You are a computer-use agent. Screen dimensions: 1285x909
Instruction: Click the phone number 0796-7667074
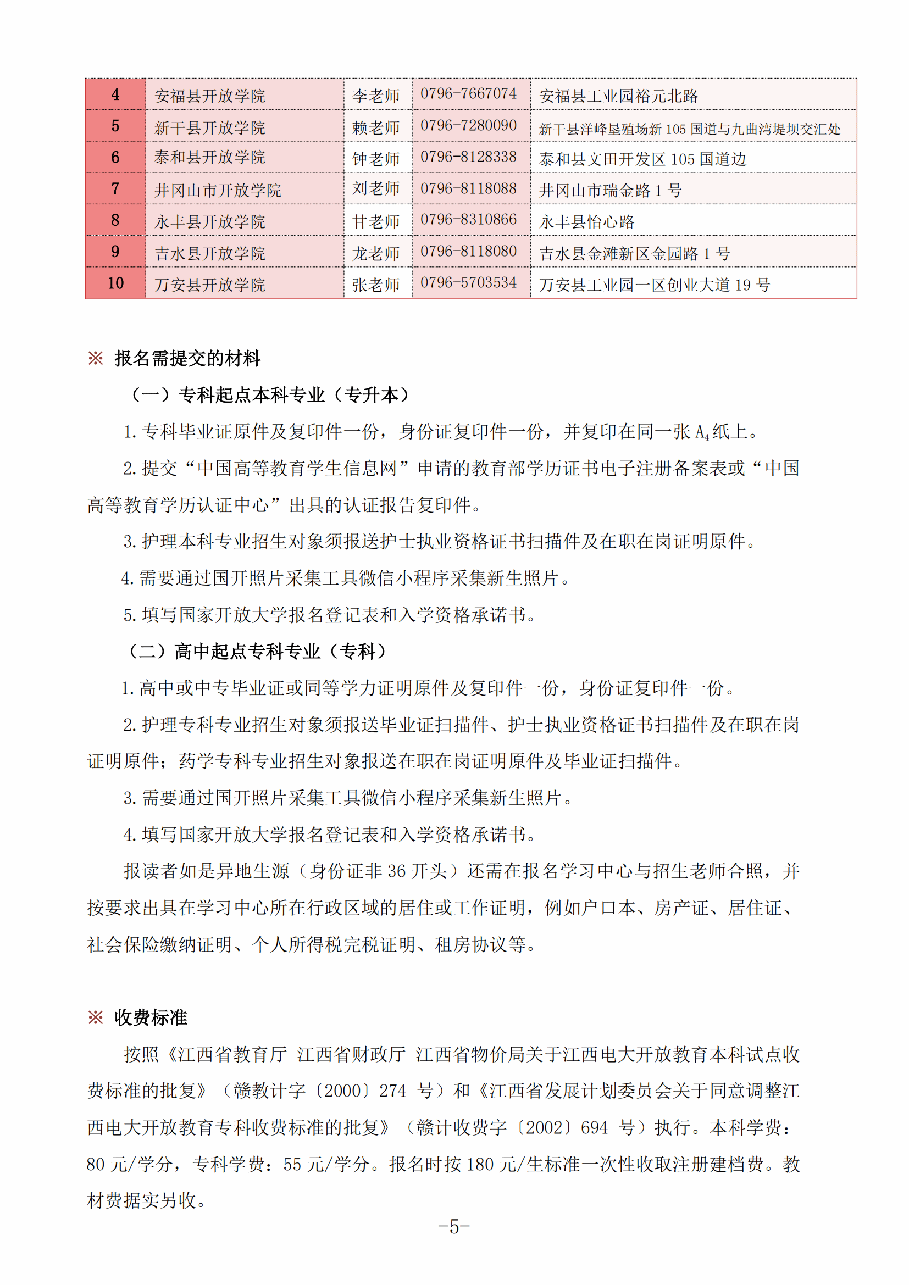pos(468,94)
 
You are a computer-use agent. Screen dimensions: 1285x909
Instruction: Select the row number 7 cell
pos(115,188)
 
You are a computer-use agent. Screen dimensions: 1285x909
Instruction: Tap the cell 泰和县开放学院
pos(210,157)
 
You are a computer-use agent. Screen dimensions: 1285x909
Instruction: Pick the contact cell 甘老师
pos(375,221)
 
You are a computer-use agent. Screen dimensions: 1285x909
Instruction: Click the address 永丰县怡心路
pos(586,222)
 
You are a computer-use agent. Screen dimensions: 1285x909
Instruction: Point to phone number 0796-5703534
pos(468,283)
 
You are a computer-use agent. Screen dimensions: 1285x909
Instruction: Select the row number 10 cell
pos(115,283)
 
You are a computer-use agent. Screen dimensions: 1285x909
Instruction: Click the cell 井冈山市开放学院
pos(218,190)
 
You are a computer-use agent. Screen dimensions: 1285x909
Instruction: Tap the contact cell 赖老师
pos(375,127)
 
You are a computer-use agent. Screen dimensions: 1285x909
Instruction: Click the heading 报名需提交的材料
pos(187,358)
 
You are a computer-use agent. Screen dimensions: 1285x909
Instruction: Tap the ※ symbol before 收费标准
pos(96,1017)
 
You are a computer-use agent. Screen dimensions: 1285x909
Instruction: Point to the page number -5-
pos(454,1227)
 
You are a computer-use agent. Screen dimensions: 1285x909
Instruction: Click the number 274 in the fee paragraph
pos(392,1091)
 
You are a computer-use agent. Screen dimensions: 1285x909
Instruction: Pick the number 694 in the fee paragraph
pos(594,1127)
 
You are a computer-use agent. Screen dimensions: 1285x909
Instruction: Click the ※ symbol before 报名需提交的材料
pos(96,358)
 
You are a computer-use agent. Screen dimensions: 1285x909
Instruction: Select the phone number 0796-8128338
pos(468,157)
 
